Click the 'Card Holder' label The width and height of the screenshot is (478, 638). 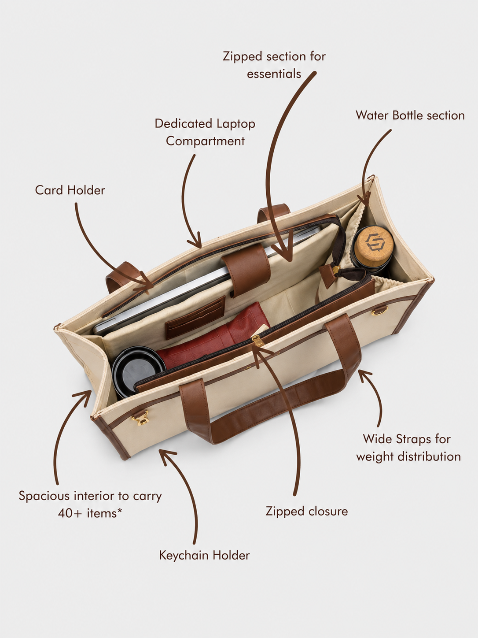click(70, 190)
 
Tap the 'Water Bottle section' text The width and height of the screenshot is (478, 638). click(410, 115)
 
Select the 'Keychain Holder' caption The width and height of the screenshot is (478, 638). click(204, 556)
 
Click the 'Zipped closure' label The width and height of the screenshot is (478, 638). click(306, 512)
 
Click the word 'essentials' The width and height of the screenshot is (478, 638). click(274, 74)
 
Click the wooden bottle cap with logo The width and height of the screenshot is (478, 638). click(374, 242)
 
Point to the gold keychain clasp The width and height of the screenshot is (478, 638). click(141, 418)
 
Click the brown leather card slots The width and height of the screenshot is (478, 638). click(195, 317)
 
